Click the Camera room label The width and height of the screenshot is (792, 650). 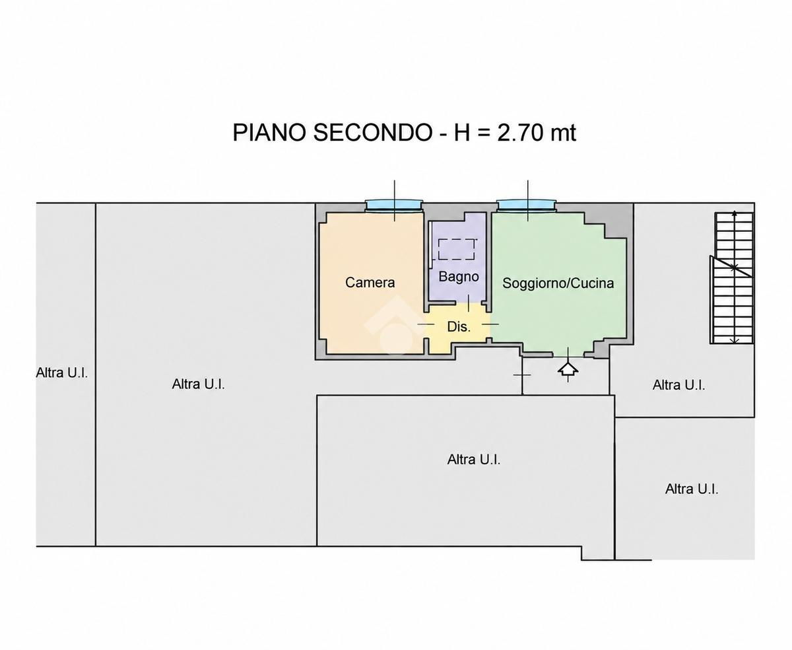[370, 282]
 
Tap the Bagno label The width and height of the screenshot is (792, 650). [459, 277]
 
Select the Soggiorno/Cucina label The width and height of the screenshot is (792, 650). [558, 283]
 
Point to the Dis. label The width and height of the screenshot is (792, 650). [459, 327]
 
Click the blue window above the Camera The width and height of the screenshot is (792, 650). [394, 205]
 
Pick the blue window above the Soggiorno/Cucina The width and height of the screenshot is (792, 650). [527, 205]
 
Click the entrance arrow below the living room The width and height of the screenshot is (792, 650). [568, 369]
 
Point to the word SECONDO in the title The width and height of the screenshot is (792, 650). [372, 133]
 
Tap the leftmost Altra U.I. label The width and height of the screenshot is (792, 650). [62, 373]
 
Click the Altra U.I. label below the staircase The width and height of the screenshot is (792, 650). [678, 385]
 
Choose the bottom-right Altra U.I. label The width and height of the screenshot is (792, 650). [692, 489]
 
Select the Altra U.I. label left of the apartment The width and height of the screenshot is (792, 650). [198, 384]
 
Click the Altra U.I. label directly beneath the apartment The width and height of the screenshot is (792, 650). [473, 459]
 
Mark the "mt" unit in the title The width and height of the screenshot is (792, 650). [562, 133]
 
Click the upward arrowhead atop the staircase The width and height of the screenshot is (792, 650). [735, 213]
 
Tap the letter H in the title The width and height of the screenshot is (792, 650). [462, 133]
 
